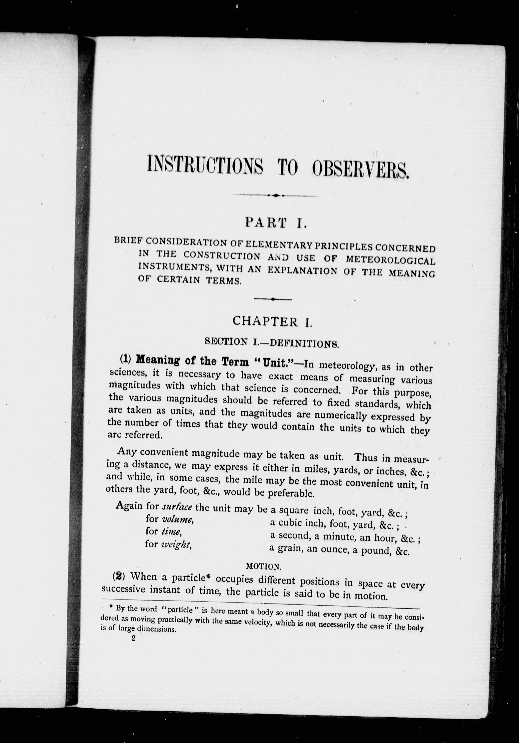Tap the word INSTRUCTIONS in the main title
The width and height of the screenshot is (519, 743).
pos(204,165)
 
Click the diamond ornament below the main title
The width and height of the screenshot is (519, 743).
pos(276,195)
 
